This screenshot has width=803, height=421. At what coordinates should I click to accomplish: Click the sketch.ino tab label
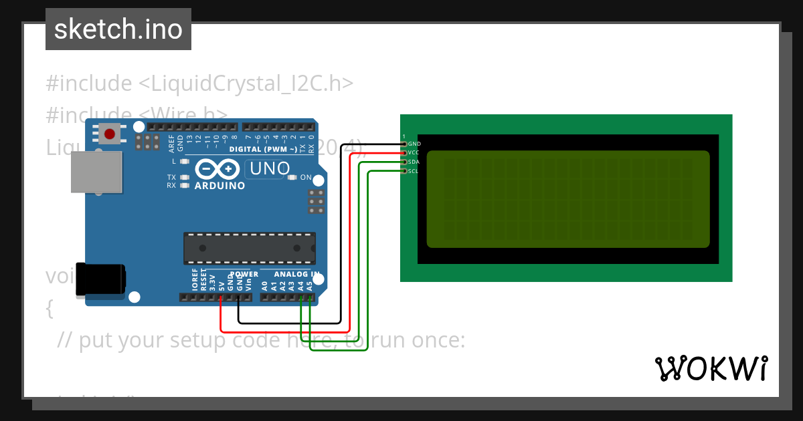point(118,29)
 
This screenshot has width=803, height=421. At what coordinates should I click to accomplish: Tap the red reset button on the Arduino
point(108,134)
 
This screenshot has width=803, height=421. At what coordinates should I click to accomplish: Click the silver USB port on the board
point(96,172)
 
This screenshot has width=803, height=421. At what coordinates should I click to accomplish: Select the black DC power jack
point(100,279)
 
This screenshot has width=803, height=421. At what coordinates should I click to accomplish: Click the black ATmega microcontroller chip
point(250,248)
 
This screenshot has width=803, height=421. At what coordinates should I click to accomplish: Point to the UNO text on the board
point(268,170)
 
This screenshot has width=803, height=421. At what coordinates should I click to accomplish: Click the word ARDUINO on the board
point(219,186)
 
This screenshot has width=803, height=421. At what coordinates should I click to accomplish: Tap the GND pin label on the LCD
point(414,144)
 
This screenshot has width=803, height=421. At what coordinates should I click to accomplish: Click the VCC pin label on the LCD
point(414,153)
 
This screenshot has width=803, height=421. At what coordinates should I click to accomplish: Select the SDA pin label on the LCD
point(414,162)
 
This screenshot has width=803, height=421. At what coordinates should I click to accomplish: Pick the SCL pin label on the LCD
point(414,171)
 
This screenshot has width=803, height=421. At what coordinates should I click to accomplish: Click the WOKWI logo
point(711,368)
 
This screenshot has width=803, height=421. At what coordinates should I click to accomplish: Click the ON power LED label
point(306,178)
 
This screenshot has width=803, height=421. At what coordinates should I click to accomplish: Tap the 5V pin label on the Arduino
point(221,285)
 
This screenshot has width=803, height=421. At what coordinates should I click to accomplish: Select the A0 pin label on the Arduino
point(264,285)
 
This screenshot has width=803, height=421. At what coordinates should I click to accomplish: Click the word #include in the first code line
point(89,84)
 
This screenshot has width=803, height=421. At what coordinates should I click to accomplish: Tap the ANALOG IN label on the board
point(296,274)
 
